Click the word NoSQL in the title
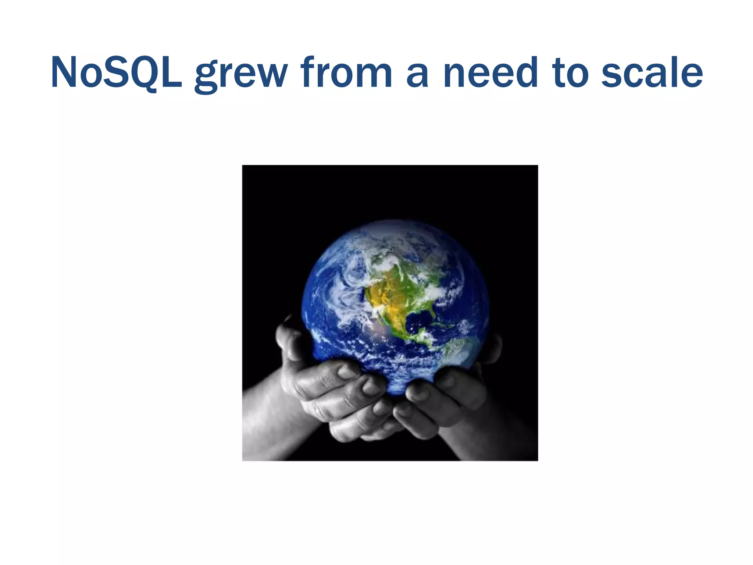pyautogui.click(x=116, y=73)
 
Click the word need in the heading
pyautogui.click(x=491, y=73)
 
